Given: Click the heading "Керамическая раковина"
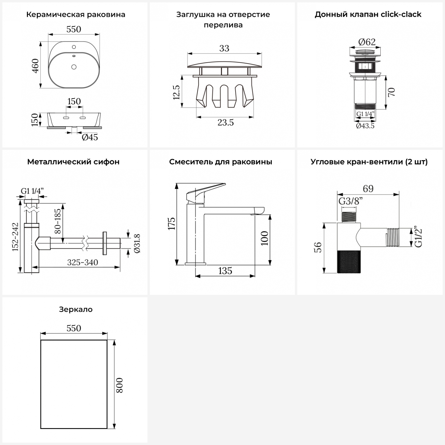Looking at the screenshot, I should (x=76, y=15).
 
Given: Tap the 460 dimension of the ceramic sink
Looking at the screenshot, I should (x=35, y=66).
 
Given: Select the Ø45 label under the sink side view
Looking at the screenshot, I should (x=90, y=137).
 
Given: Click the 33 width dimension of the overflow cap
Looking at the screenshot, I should (x=224, y=48).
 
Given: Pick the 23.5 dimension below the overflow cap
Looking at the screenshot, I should (x=225, y=122).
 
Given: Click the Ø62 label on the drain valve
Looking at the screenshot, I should (x=367, y=42).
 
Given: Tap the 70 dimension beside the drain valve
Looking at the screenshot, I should (x=391, y=92).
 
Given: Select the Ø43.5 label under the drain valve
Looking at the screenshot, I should (x=365, y=126).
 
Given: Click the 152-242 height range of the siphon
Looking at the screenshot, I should (x=15, y=237).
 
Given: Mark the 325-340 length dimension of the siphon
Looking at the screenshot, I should (x=82, y=262).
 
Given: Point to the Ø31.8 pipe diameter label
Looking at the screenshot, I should (x=137, y=243).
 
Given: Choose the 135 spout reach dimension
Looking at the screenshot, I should (x=225, y=271).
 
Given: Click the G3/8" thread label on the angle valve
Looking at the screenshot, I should (x=350, y=201).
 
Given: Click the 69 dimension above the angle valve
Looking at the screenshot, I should (x=368, y=189).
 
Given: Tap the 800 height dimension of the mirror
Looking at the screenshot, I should (x=119, y=385).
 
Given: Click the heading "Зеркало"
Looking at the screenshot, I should (x=76, y=309).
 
